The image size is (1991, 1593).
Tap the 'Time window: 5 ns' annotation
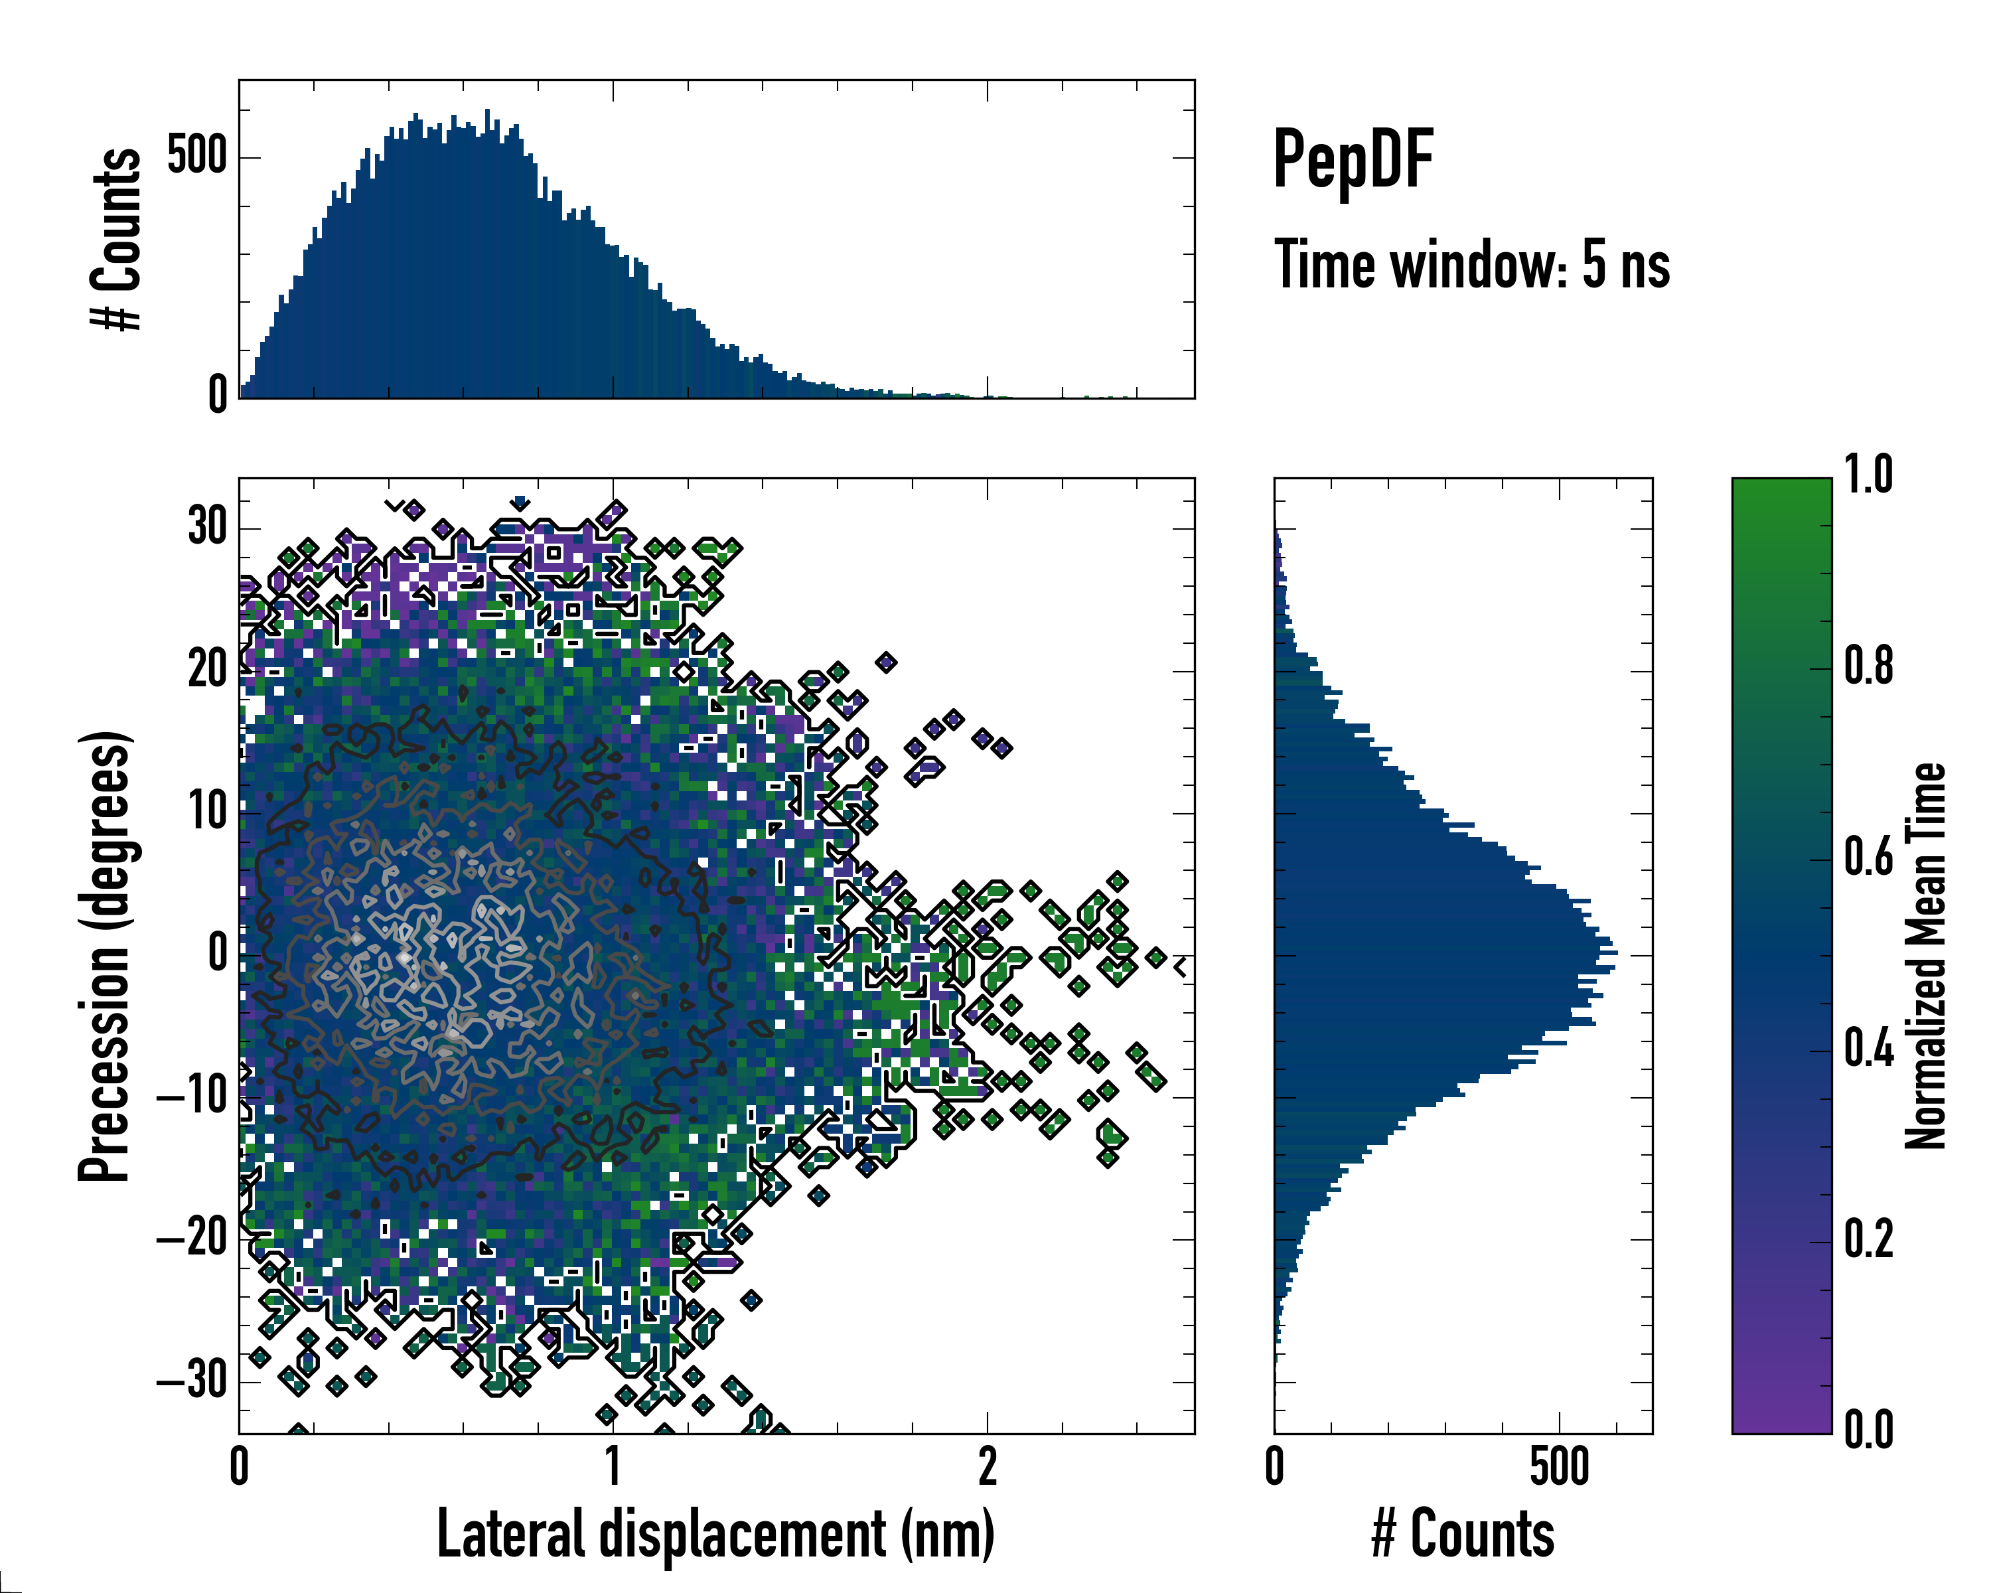coord(1472,265)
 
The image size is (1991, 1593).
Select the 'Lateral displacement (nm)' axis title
coord(715,1534)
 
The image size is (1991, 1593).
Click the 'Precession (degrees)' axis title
coord(104,956)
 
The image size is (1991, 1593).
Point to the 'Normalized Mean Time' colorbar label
coord(1925,956)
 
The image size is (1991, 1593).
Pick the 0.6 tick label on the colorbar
coord(1868,857)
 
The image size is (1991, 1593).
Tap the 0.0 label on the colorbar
coord(1868,1430)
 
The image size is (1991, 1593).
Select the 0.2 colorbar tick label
coord(1868,1239)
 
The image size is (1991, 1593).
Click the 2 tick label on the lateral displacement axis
coord(987,1466)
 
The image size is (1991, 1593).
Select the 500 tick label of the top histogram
coord(198,156)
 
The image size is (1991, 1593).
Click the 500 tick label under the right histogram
coord(1559,1466)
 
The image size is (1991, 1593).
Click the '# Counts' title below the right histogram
coord(1463,1534)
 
